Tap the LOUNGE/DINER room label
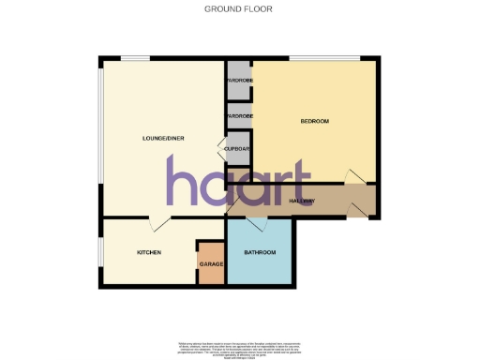162,139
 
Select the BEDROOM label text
315,122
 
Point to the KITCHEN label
150,253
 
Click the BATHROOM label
259,253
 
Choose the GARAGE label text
210,265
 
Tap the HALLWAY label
301,201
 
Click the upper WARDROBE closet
238,81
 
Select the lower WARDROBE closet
238,116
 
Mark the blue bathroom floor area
259,267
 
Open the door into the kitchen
159,223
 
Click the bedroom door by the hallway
355,176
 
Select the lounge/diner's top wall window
134,60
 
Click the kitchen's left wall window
100,251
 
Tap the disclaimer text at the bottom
239,348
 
